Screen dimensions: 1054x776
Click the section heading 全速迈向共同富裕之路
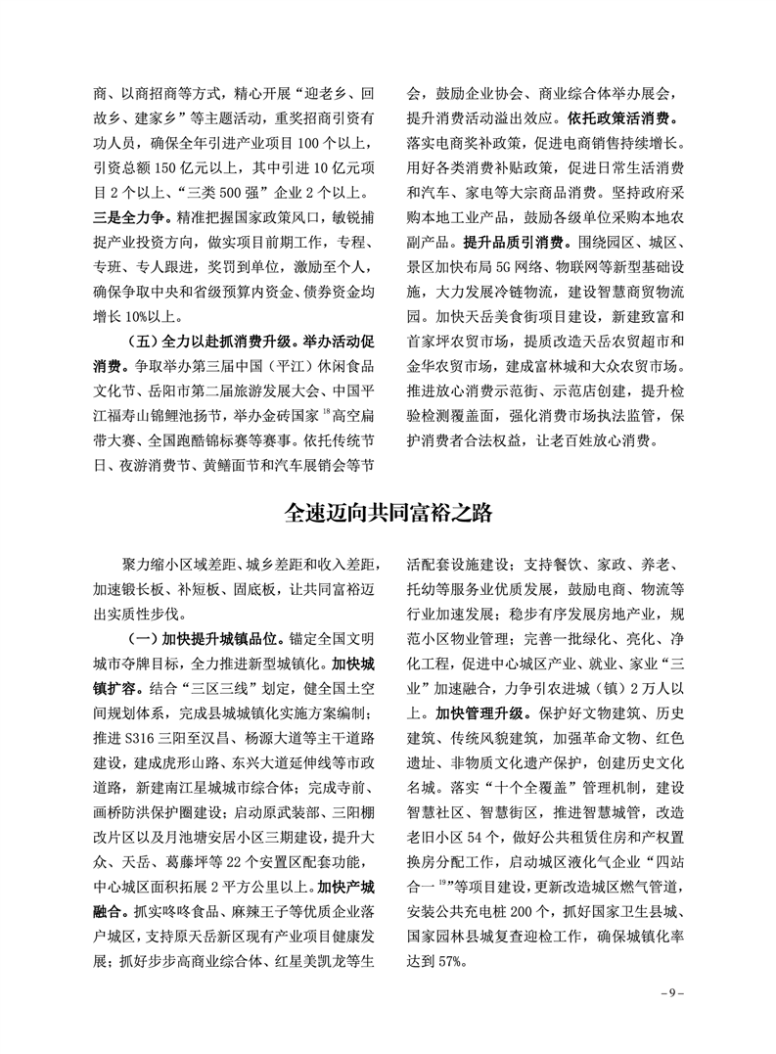click(x=388, y=513)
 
